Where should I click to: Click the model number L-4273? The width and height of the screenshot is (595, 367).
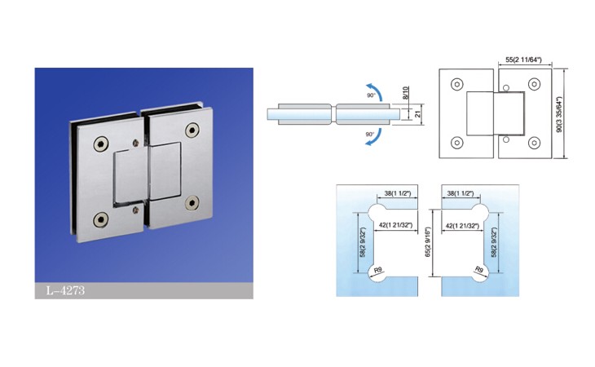click(65, 290)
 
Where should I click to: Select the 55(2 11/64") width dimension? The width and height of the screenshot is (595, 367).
click(523, 60)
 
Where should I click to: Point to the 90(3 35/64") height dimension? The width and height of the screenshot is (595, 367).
click(558, 114)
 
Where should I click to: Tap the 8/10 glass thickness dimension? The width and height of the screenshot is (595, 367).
click(405, 93)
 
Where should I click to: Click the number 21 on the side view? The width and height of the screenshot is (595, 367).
click(418, 113)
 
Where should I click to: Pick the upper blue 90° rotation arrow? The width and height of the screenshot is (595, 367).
click(375, 91)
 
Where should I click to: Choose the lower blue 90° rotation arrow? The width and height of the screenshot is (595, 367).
click(375, 137)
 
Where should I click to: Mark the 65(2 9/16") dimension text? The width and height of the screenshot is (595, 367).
click(428, 243)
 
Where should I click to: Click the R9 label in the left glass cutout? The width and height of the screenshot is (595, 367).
click(378, 271)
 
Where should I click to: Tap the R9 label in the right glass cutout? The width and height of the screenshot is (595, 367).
click(479, 270)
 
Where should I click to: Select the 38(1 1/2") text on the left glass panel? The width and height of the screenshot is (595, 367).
click(397, 193)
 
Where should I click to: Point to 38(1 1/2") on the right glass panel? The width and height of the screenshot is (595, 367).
click(461, 193)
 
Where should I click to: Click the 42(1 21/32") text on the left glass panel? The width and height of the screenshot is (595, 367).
click(396, 225)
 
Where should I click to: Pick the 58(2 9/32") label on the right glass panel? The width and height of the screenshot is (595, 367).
click(494, 243)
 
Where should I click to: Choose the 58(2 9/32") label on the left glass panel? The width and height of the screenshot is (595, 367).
click(363, 243)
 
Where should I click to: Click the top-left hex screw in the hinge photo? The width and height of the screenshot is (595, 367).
click(101, 144)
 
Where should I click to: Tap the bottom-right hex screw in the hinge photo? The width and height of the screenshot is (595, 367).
click(192, 203)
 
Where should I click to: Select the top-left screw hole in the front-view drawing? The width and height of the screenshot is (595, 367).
click(457, 84)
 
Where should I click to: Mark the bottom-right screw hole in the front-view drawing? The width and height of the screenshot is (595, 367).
click(535, 143)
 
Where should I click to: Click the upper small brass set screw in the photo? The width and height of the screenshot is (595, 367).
click(136, 143)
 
